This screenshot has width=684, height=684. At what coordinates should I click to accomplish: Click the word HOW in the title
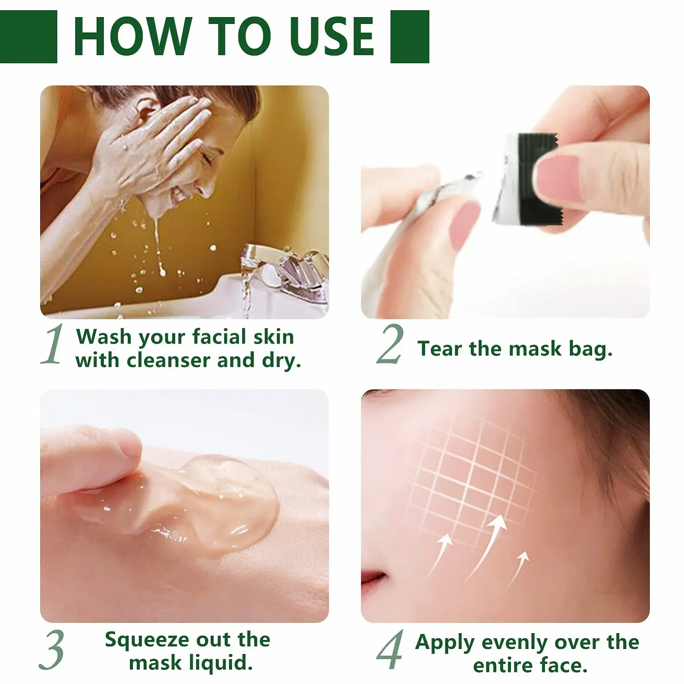pos(133,36)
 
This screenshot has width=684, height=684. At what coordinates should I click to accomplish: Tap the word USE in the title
pos(332,36)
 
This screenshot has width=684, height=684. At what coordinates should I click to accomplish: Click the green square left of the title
pos(28,37)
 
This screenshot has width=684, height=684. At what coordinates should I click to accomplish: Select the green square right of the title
pos(410,37)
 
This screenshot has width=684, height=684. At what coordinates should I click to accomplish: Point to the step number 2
pos(390,344)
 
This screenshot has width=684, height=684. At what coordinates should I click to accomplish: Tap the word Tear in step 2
pos(440,348)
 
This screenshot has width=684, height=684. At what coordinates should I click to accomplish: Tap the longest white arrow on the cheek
pos(487,547)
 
